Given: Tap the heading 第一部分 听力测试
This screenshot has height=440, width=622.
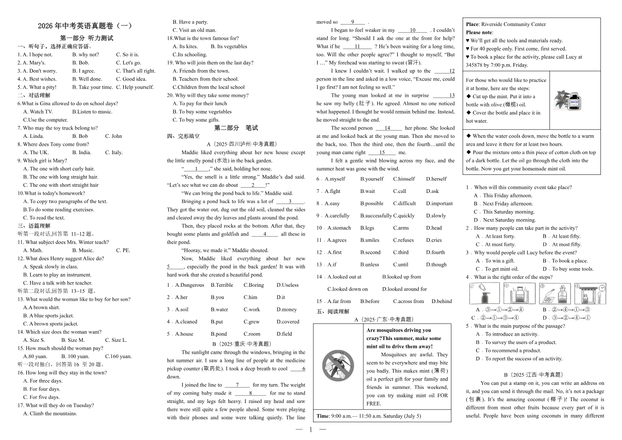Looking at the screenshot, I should point(87,38).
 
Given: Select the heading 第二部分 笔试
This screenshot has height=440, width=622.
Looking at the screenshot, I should point(236,128).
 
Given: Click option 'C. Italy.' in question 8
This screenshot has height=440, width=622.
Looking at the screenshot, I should point(113,152).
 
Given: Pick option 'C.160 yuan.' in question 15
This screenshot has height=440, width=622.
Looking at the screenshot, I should point(118,356).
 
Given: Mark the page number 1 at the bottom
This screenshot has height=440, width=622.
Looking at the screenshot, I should point(311,430).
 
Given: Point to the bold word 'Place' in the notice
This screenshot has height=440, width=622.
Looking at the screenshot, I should point(472,25).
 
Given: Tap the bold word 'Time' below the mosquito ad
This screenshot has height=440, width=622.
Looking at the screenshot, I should point(322,416).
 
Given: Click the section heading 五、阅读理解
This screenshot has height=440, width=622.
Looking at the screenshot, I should point(333,311).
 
